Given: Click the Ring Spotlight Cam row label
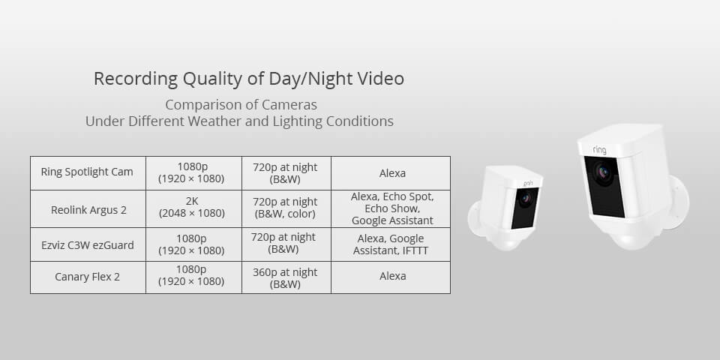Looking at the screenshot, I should (x=87, y=172).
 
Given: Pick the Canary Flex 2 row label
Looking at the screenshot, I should (x=87, y=277).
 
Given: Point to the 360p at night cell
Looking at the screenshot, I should (x=286, y=277).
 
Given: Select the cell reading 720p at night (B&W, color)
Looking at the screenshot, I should (x=286, y=208).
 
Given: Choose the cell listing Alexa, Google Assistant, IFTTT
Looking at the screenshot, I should (x=391, y=244).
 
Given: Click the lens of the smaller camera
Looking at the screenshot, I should (x=524, y=199).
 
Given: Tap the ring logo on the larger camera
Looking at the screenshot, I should (x=599, y=150).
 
